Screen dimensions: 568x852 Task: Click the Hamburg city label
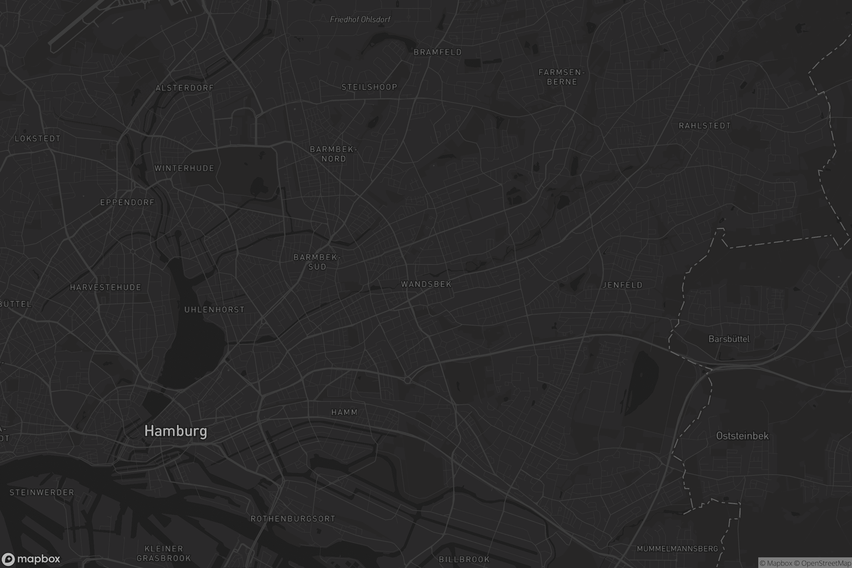[x=176, y=431]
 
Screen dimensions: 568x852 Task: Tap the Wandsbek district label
[x=426, y=284]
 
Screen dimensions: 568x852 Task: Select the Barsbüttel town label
[x=729, y=339]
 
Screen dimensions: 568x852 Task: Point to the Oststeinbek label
[x=742, y=436]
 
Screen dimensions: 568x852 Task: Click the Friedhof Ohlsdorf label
[x=360, y=20]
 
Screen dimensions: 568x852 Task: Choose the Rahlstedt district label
[x=705, y=126]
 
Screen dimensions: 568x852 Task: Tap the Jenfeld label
[x=622, y=285]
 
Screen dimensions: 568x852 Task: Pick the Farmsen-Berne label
[x=562, y=77]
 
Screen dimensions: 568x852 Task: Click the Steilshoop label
[x=370, y=87]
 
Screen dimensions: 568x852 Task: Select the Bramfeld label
[x=438, y=52]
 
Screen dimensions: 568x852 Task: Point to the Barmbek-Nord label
[x=334, y=154]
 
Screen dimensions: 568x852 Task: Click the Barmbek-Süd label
[x=317, y=262]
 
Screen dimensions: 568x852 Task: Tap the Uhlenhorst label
[x=214, y=310]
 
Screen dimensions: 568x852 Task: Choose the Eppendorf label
[x=127, y=202]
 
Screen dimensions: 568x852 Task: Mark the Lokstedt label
[x=38, y=139]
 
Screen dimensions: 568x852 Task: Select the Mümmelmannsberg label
[x=677, y=549]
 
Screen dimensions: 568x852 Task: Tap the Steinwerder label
[x=42, y=493]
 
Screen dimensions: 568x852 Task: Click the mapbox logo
[x=31, y=559]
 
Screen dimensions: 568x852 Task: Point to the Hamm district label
[x=344, y=412]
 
